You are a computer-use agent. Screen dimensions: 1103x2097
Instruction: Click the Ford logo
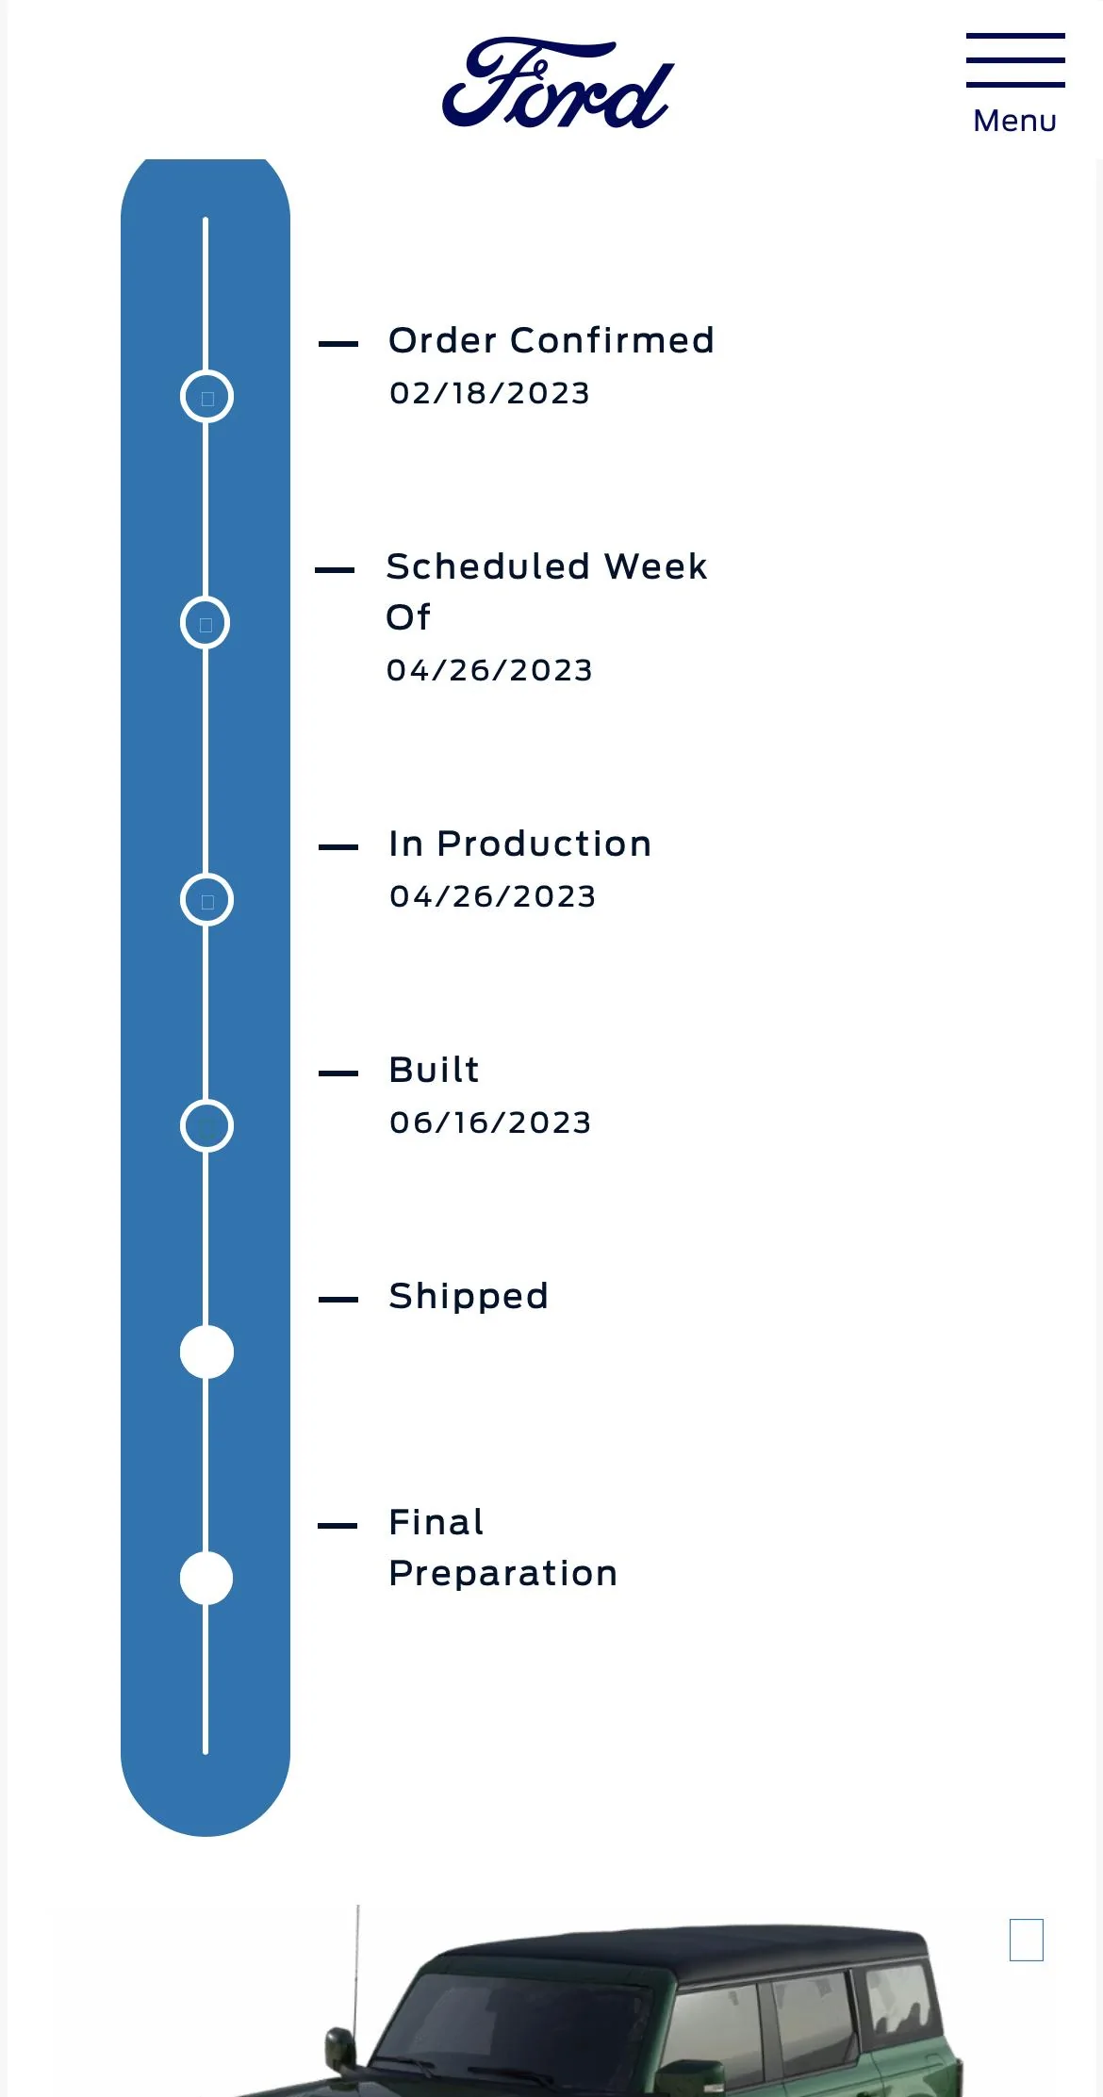click(558, 83)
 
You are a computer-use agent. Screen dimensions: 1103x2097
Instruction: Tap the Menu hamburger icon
click(1015, 60)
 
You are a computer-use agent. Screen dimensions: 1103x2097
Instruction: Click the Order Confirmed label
click(551, 340)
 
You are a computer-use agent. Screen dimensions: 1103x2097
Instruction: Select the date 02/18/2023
click(489, 393)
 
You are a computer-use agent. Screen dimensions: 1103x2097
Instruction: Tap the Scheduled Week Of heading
click(547, 591)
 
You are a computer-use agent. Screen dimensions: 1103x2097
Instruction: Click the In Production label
click(520, 844)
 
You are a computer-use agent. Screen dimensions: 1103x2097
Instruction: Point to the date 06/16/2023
click(490, 1122)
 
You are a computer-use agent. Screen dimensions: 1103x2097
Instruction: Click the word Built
click(435, 1070)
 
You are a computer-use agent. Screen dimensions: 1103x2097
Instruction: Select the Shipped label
click(469, 1296)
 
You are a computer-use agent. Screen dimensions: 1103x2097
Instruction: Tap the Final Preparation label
click(503, 1548)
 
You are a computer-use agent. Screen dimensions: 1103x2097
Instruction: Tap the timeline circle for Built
click(206, 1100)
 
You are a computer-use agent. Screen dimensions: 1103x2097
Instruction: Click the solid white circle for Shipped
click(206, 1352)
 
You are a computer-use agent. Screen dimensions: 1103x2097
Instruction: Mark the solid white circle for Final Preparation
click(206, 1578)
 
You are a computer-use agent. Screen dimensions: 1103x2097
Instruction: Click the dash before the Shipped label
click(338, 1300)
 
